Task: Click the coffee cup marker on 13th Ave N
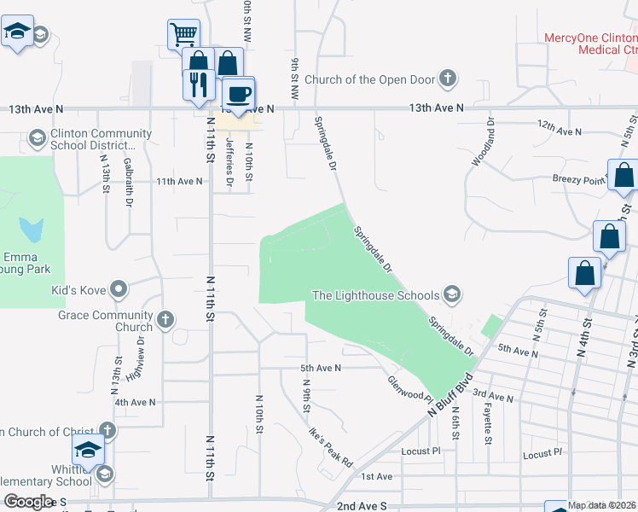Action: [x=238, y=93]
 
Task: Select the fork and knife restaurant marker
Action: [x=198, y=84]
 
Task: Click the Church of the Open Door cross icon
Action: [x=446, y=79]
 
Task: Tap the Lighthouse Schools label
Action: [x=375, y=296]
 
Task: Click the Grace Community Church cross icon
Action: [x=165, y=321]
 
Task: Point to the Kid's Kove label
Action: [x=78, y=290]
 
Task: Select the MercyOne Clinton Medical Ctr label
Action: [x=590, y=44]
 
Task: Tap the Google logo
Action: [x=28, y=502]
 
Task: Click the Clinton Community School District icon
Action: [x=37, y=137]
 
